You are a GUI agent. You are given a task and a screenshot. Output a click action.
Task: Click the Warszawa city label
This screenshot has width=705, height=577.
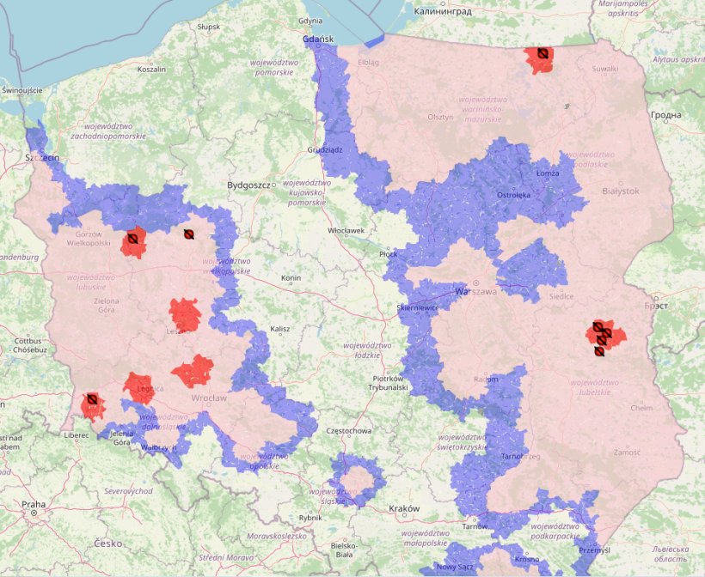476,292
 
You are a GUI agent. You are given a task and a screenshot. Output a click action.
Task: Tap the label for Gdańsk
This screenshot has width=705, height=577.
319,39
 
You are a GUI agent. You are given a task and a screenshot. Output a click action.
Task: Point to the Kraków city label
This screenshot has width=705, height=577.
403,508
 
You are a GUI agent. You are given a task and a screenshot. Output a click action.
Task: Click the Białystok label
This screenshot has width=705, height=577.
621,191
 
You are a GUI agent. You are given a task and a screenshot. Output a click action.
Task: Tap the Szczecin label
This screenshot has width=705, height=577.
41,158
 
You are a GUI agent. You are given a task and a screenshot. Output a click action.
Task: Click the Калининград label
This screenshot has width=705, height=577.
443,12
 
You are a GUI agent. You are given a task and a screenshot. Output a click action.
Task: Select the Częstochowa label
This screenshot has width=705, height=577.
348,430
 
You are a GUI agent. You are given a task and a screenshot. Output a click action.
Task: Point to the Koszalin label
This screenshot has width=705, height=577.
151,70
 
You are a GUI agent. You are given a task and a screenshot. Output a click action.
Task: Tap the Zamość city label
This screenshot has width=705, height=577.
628,452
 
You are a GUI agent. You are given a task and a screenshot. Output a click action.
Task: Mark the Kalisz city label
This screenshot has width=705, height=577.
279,329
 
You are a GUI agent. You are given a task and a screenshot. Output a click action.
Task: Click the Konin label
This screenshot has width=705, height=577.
291,278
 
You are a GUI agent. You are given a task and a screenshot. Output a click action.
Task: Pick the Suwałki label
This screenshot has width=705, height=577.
605,68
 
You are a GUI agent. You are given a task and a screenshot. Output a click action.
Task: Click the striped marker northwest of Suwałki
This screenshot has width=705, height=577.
543,53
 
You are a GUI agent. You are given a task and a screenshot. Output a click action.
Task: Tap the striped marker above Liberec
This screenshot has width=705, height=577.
90,399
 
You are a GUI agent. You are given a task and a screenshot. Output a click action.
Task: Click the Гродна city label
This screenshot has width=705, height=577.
665,115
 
